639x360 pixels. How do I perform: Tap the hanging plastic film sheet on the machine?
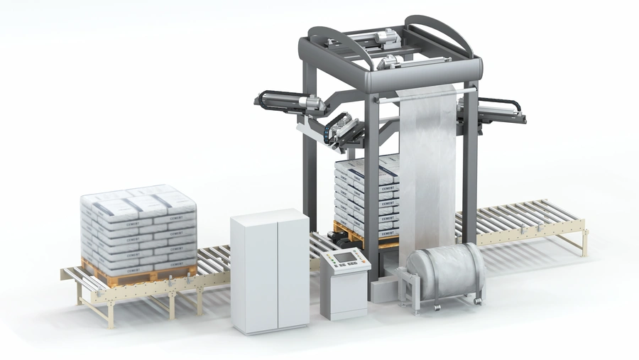(x=427, y=170)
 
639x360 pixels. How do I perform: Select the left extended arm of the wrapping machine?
(x=291, y=104)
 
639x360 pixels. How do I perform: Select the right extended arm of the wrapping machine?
(x=501, y=111)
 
